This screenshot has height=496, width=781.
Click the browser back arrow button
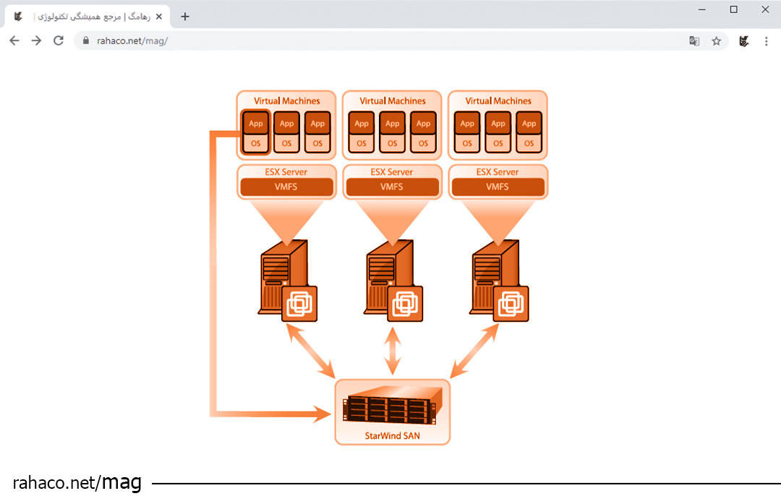click(14, 41)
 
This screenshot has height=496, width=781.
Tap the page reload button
click(59, 41)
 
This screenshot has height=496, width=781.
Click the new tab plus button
click(185, 17)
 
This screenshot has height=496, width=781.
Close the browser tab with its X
click(159, 17)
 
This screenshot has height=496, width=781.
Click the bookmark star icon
click(716, 41)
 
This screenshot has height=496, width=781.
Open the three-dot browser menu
click(767, 41)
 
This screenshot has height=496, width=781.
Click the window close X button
click(765, 9)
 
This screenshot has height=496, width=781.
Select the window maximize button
click(733, 9)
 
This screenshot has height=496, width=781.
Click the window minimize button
click(702, 9)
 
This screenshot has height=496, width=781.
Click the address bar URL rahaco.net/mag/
click(132, 41)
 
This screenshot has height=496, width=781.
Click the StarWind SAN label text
click(392, 436)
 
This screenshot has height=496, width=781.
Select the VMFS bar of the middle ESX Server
click(392, 187)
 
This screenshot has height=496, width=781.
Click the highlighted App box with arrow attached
click(256, 123)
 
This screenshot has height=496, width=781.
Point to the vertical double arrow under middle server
click(393, 350)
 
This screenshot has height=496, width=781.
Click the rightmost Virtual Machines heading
click(498, 101)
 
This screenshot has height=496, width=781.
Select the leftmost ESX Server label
click(286, 172)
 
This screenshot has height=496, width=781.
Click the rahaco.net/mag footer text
click(77, 482)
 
